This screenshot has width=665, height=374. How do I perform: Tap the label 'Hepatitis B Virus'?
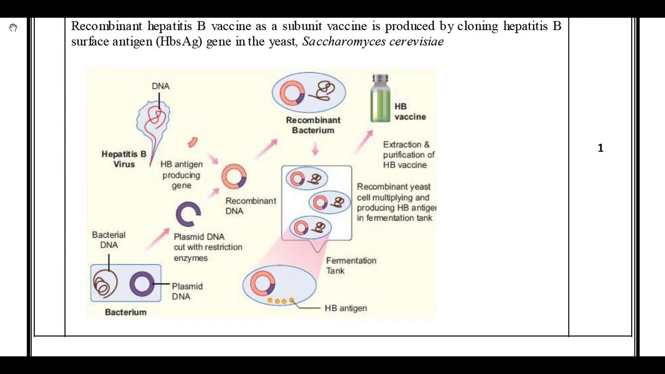(124, 159)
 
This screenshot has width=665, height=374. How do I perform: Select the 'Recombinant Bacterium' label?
(313, 125)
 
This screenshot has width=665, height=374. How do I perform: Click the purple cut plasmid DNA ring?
(188, 213)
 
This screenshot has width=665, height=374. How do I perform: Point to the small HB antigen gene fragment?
(193, 142)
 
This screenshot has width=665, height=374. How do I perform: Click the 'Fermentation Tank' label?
(351, 265)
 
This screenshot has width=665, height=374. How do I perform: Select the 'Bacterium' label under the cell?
(126, 312)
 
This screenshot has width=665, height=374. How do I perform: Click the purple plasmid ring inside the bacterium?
(141, 284)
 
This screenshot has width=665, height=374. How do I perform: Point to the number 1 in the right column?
(601, 149)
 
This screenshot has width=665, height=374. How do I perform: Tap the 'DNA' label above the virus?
(161, 86)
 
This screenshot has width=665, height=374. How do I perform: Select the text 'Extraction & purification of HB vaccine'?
(408, 155)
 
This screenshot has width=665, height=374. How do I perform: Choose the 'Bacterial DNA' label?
(109, 240)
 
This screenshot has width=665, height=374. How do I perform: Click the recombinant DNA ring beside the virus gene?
(234, 177)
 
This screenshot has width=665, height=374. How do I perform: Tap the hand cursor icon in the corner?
(13, 28)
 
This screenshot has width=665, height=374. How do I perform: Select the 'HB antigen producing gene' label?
(181, 175)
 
